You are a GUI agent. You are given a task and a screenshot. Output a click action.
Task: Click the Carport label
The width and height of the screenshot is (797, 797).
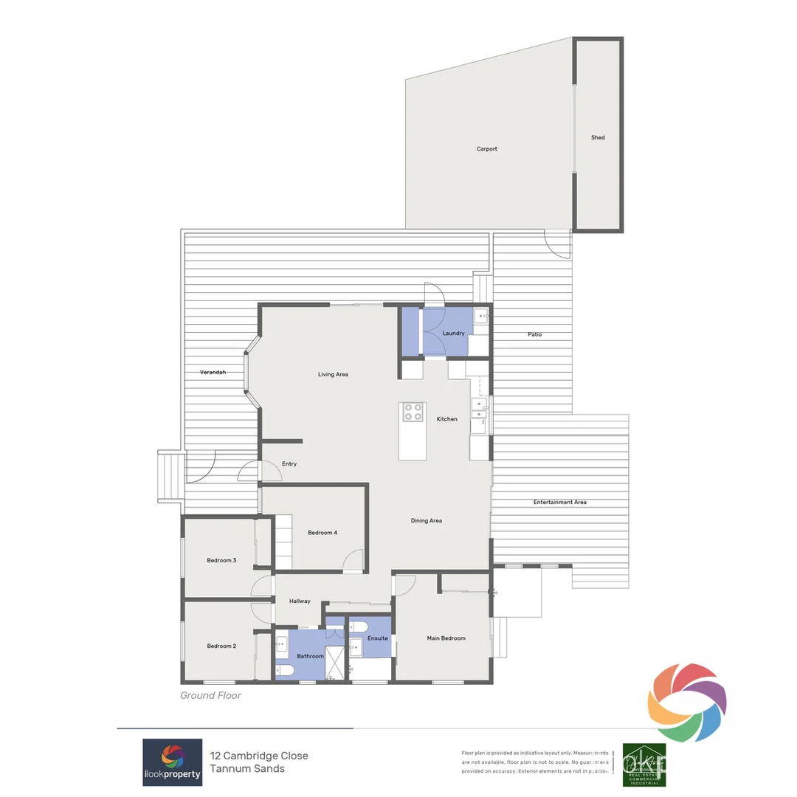click(486, 149)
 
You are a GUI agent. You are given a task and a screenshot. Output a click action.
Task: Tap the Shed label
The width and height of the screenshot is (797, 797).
click(598, 137)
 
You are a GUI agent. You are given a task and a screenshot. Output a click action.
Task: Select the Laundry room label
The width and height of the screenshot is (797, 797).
click(453, 334)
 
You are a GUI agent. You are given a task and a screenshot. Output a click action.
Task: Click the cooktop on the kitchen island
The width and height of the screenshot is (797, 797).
click(413, 412)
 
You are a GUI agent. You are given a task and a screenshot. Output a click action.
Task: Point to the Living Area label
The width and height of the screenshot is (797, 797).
click(333, 375)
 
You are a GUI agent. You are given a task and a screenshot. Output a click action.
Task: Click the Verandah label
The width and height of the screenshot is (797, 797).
click(213, 373)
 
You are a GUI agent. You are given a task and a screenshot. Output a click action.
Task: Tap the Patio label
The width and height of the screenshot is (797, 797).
click(534, 335)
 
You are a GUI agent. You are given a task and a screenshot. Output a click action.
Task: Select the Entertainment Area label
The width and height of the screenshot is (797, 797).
click(560, 503)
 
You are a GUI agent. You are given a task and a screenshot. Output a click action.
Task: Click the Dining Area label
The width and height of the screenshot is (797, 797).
click(426, 521)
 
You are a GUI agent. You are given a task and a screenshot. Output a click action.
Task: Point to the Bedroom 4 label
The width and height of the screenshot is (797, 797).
click(322, 533)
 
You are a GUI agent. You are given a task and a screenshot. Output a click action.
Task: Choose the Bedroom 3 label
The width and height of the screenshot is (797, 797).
click(221, 561)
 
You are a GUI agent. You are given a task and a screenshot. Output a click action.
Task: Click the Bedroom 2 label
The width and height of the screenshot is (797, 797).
click(221, 646)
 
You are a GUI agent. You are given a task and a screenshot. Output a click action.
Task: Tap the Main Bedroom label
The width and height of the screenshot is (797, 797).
click(446, 638)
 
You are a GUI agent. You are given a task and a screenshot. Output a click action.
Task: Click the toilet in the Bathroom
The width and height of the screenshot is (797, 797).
click(286, 670)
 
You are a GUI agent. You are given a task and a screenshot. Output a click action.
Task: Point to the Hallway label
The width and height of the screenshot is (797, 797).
click(300, 601)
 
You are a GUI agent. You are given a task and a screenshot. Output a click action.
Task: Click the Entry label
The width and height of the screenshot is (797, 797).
click(289, 464)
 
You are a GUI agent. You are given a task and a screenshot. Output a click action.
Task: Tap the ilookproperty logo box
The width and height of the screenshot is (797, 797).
click(172, 762)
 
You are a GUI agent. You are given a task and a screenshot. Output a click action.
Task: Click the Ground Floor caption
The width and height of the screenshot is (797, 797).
click(210, 695)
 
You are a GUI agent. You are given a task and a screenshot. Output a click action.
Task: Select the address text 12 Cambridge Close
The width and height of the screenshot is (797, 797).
click(259, 756)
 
